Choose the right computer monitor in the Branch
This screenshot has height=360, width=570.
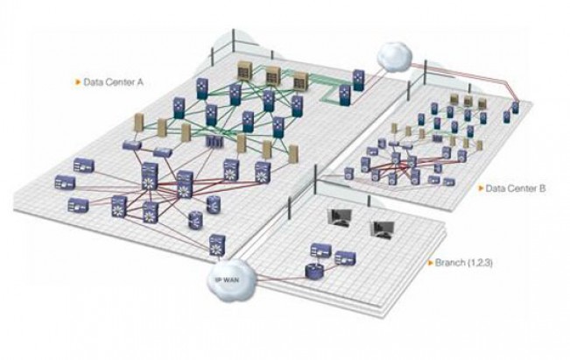(382, 228)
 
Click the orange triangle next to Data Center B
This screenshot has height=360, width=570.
(480, 188)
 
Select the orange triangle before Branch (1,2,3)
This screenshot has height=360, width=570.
(428, 262)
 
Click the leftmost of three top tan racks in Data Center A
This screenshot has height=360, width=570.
(246, 71)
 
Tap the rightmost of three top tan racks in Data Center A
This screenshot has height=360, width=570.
(303, 80)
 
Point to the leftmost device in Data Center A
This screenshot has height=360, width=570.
(63, 183)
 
